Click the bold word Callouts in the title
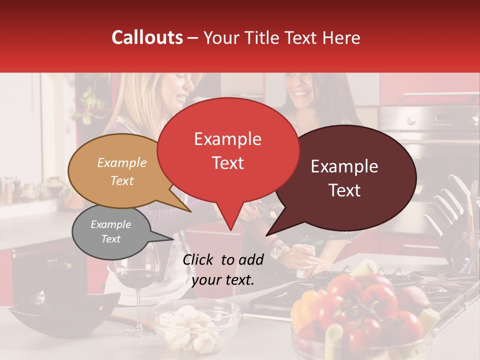point(147,37)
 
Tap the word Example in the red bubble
point(227,139)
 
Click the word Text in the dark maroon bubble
point(345,190)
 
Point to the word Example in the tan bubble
point(122,162)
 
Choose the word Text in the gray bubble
point(111,239)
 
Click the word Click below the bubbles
point(199,259)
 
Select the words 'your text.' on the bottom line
point(223,280)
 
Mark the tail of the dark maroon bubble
point(268,233)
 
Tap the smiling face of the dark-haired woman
point(301,90)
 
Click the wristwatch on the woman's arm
point(278,251)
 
